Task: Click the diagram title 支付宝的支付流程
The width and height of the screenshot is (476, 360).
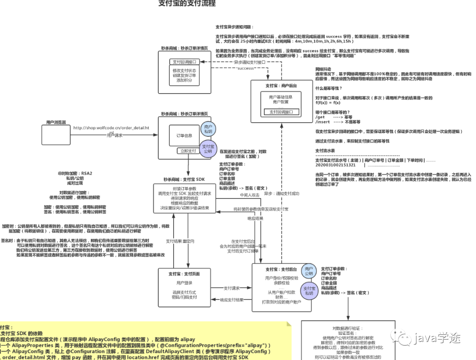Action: [187, 4]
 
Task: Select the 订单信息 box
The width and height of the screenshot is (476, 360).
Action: [184, 136]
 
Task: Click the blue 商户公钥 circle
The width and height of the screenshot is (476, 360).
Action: [309, 271]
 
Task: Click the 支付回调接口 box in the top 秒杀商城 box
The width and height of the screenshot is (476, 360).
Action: [184, 62]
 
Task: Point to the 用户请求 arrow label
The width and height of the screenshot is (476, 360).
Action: [115, 135]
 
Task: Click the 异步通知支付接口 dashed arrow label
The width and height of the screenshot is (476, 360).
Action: [249, 63]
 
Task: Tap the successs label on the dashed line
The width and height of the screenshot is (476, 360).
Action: [245, 69]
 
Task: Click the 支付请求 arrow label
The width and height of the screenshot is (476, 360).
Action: [231, 288]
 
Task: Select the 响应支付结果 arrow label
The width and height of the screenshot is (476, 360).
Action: [231, 300]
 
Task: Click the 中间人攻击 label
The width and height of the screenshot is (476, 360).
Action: [249, 195]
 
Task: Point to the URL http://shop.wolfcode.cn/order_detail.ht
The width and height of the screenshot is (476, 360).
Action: [112, 128]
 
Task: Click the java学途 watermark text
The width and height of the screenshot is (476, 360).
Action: [441, 338]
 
